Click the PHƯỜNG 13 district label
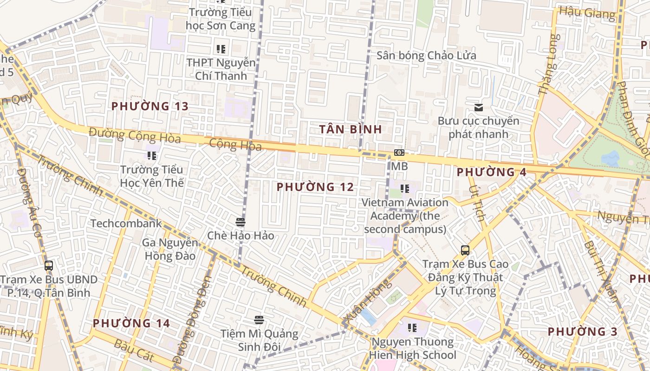pos(149,106)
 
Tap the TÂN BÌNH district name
pos(351,129)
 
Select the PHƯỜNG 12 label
pos(315,187)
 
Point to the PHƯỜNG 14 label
pos(131,323)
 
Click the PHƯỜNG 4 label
pos(492,172)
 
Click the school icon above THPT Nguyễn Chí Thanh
pos(221,49)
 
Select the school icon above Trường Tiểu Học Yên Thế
pos(152,155)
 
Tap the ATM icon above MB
pos(399,153)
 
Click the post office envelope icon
pos(479,108)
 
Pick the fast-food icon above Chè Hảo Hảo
pos(240,222)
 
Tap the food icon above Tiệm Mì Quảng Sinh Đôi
pos(259,320)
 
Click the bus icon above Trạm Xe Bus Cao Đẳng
pos(465,250)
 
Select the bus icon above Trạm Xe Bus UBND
pos(49,266)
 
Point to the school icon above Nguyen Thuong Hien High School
pos(412,328)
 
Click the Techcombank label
pos(126,224)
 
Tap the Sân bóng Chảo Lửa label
pos(426,56)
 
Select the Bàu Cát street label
pos(133,350)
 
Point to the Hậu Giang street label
pos(587,13)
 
